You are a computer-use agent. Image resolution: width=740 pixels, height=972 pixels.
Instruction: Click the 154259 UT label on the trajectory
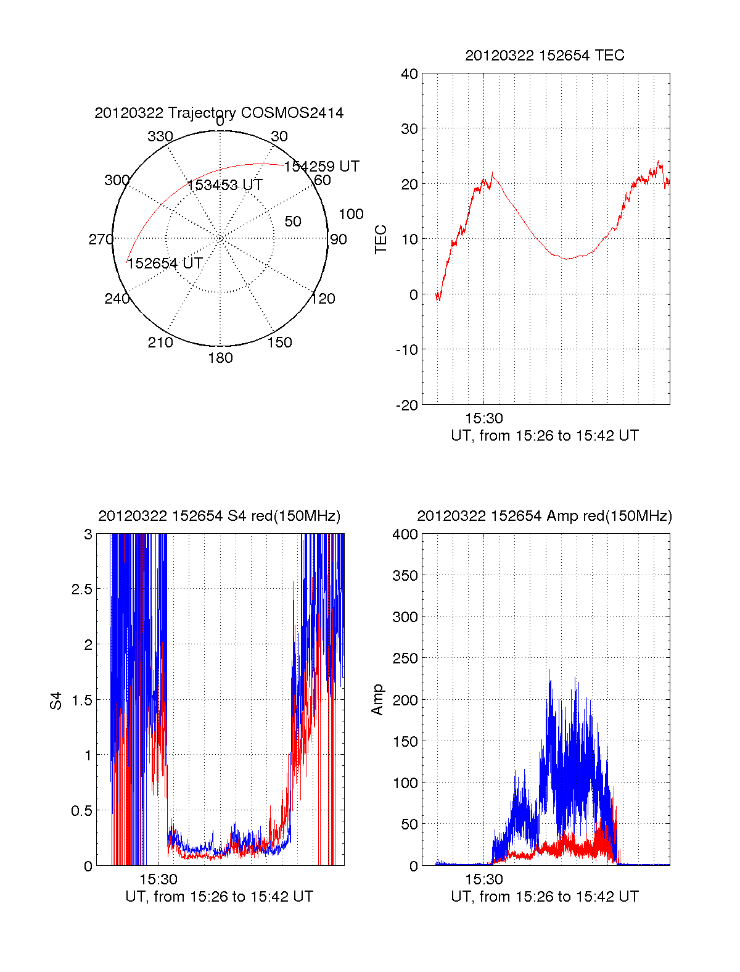321,166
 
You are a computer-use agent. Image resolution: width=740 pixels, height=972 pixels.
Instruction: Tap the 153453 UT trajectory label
225,185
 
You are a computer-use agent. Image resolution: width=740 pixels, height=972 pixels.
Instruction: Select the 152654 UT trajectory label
165,264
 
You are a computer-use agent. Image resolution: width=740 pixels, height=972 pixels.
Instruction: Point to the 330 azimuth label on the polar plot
160,136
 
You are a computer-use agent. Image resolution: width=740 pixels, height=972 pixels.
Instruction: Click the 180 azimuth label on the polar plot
220,358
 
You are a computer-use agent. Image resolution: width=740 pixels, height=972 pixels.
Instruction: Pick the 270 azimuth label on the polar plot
101,239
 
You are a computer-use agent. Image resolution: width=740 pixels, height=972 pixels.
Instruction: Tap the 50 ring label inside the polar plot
293,222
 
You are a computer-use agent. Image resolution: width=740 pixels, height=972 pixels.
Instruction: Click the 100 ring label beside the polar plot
351,214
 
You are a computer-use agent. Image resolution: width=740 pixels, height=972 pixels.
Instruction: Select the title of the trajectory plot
219,113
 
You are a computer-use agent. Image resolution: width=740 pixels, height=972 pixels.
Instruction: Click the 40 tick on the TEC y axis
409,74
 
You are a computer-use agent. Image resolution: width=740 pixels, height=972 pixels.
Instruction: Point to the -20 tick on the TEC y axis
407,405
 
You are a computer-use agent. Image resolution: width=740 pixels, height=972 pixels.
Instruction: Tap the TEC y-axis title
381,239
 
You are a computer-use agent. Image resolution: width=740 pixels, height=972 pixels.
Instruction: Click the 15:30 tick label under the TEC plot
484,418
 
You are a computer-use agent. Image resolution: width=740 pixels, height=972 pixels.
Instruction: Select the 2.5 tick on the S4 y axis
82,589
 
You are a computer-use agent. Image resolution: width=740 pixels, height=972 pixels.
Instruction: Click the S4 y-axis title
56,700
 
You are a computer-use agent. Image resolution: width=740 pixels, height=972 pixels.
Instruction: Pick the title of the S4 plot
219,516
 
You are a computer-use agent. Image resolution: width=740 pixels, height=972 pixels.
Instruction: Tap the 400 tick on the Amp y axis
405,534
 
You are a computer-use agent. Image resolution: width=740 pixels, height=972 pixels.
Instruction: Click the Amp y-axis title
377,700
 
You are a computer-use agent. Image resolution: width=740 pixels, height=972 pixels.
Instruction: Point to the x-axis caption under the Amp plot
545,897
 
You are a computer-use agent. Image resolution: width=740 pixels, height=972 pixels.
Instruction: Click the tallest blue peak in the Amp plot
549,670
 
